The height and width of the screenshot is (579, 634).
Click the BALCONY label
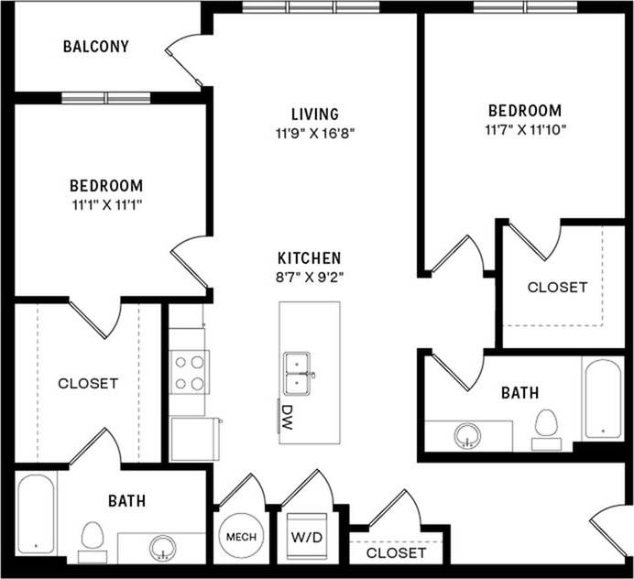tap(95, 46)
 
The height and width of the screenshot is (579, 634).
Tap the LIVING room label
tap(315, 115)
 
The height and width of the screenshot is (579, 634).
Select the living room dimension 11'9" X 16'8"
tap(315, 132)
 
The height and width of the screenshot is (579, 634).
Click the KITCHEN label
tap(311, 258)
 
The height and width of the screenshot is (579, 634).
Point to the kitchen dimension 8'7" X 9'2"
tap(311, 276)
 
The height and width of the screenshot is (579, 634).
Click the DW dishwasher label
tap(287, 412)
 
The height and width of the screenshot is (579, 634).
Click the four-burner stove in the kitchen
tap(188, 372)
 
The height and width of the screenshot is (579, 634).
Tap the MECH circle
tap(241, 537)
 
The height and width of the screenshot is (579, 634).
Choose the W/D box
tap(305, 537)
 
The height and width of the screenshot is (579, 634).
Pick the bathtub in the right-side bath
tap(603, 399)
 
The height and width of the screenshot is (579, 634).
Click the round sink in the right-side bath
tap(468, 434)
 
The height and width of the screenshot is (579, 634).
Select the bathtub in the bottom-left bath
tap(36, 513)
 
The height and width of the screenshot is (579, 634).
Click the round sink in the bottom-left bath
tap(163, 547)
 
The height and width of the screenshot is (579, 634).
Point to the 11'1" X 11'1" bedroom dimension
tap(107, 203)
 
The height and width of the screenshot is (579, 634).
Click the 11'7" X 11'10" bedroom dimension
tap(525, 129)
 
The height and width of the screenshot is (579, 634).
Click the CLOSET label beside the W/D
tap(396, 553)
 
